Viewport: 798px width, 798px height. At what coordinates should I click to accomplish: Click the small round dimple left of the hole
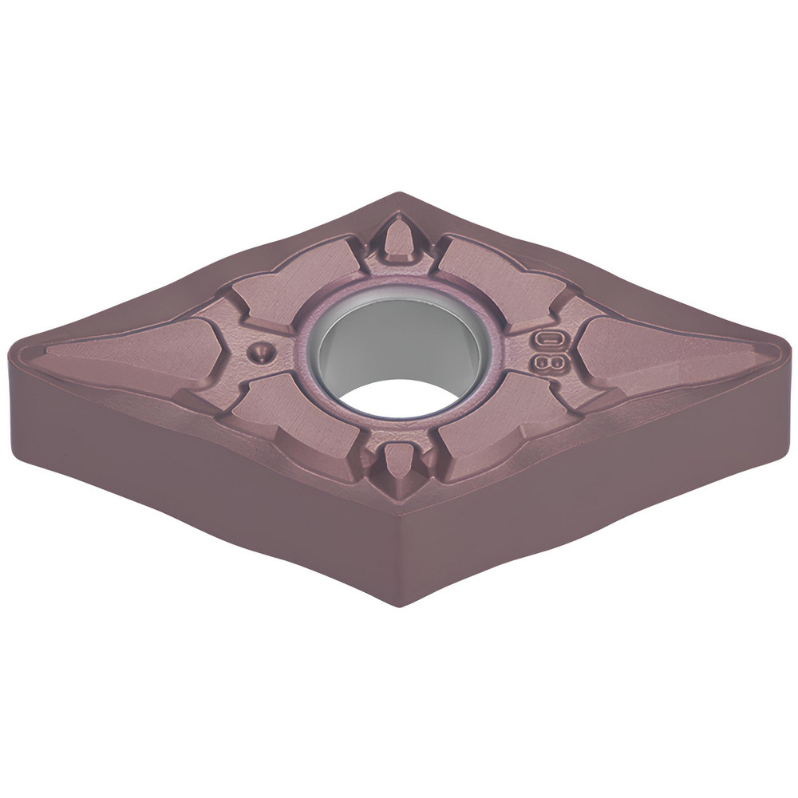click(x=260, y=352)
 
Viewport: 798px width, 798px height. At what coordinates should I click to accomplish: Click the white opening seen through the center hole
click(x=399, y=397)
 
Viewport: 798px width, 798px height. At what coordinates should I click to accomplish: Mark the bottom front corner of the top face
click(x=399, y=511)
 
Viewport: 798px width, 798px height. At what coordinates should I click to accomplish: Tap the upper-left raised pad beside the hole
click(x=295, y=279)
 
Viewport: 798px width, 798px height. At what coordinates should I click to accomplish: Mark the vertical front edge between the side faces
click(x=399, y=559)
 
